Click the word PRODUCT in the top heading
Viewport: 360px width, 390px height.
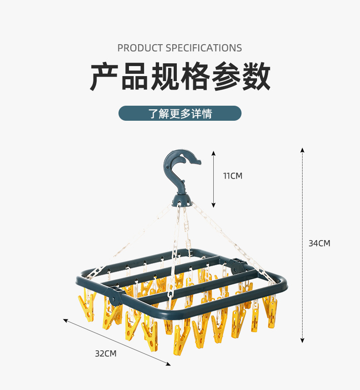click(140, 48)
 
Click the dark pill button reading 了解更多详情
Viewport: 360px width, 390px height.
click(180, 113)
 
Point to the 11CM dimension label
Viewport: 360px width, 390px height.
click(232, 176)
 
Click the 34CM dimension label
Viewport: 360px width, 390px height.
click(319, 243)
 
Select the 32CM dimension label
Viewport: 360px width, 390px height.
click(106, 353)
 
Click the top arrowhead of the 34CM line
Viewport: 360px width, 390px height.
click(302, 149)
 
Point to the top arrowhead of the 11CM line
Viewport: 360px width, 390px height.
click(213, 154)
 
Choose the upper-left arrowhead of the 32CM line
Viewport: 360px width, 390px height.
click(65, 320)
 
